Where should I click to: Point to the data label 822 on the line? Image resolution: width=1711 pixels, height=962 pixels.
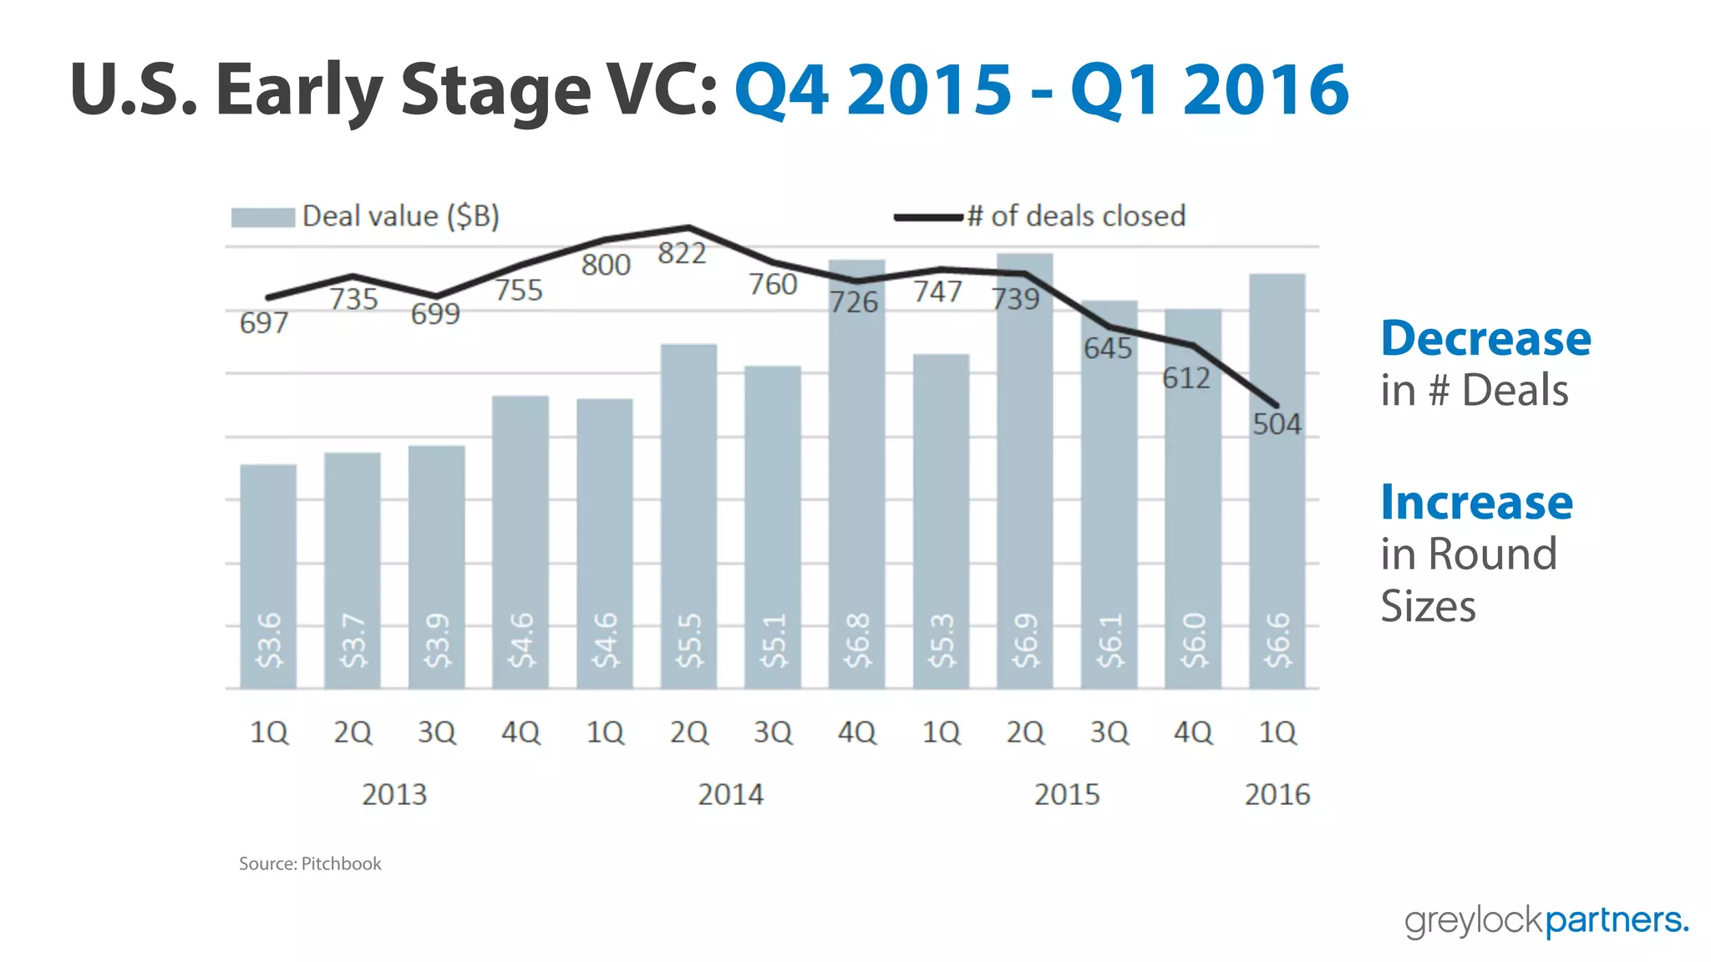click(682, 253)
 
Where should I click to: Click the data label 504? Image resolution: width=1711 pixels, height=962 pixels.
click(1277, 424)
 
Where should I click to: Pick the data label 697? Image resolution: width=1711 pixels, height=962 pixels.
click(264, 322)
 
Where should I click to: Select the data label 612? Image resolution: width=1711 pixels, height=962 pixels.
click(1186, 378)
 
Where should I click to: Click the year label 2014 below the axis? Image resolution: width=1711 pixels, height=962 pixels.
click(730, 793)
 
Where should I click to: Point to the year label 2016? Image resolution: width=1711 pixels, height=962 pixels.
click(1277, 793)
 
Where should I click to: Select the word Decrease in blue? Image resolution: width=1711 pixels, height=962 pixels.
click(1485, 339)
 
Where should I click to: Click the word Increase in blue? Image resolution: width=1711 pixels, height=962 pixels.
click(1476, 503)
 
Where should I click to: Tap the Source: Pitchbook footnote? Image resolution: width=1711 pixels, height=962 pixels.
click(310, 863)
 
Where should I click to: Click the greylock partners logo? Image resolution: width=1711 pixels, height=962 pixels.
click(1546, 920)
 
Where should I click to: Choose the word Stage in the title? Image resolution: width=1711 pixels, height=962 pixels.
click(495, 90)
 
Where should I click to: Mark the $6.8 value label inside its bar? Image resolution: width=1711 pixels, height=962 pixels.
click(857, 640)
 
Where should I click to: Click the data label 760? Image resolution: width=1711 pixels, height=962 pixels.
click(773, 284)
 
